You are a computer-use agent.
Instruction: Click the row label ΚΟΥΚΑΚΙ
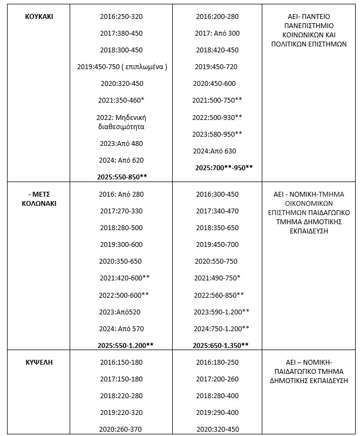coord(39,16)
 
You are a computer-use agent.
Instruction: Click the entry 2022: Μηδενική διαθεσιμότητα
coord(121,122)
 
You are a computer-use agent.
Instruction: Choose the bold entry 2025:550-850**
coord(122,177)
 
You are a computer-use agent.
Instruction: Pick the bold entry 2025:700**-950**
coord(223,167)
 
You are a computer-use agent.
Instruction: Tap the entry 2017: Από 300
coord(216,33)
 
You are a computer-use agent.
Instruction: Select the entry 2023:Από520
coord(121,312)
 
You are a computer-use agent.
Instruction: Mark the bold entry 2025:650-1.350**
coord(221,345)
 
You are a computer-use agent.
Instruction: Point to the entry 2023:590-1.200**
coord(222,312)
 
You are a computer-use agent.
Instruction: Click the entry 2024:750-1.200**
coord(222,328)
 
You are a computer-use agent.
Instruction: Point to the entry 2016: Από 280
coord(121,194)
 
